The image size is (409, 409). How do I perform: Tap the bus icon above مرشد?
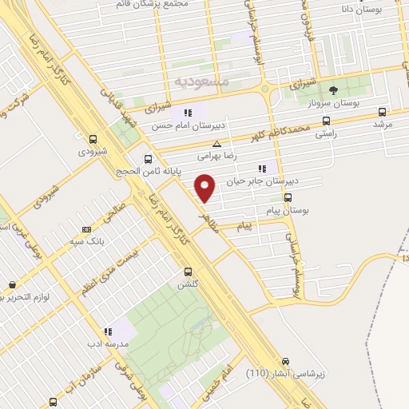(x=381, y=113)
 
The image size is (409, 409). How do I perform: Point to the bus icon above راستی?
(x=325, y=121)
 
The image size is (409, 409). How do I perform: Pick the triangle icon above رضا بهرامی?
(x=217, y=144)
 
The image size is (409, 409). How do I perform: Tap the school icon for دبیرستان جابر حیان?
(x=261, y=169)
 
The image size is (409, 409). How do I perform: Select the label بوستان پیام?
(x=288, y=211)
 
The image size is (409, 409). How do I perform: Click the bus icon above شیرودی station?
(x=93, y=137)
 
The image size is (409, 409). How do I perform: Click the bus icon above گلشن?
(x=189, y=272)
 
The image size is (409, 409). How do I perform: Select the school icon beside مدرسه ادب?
(x=106, y=332)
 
